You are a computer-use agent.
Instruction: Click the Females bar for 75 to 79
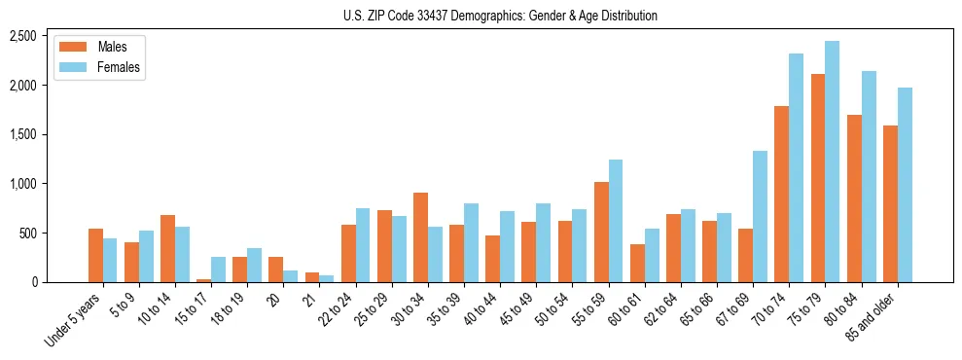832,162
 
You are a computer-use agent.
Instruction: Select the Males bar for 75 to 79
817,178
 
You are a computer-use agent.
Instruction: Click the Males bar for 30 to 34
420,237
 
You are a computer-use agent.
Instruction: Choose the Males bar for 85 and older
890,203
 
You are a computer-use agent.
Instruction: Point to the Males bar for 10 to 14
167,248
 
